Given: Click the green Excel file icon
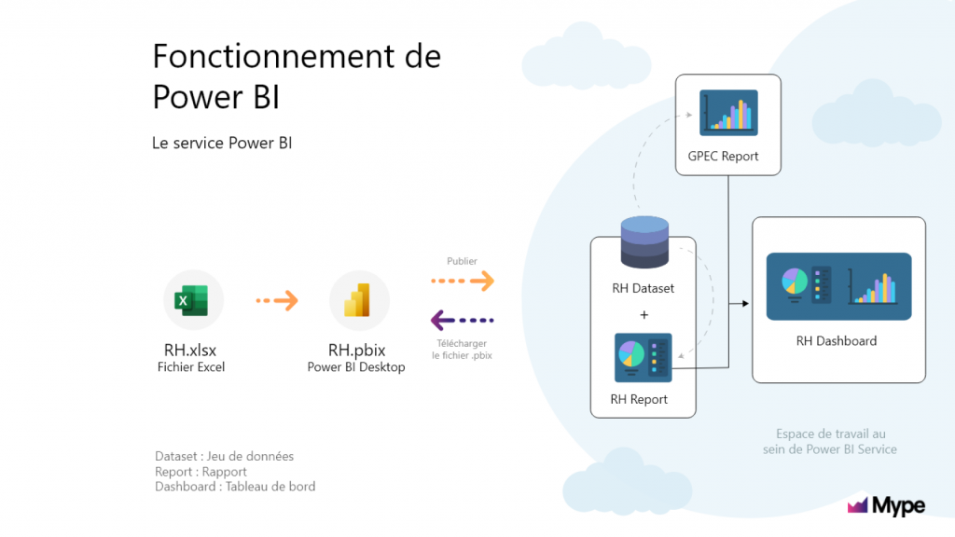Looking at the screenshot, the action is point(191,300).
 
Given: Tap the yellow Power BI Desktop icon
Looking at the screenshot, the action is point(357,300).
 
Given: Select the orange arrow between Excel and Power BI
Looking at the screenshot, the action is point(277,300).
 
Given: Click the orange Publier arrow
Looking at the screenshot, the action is point(463,281).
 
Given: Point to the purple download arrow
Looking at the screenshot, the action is point(463,321).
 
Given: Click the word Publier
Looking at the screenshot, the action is point(462,261).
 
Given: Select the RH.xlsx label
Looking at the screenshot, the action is point(190,351).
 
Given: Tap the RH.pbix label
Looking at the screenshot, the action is point(357,351).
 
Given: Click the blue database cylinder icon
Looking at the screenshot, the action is point(644,242).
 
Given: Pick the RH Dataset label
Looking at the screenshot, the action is point(644,288).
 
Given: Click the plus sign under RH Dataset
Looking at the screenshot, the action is point(644,315).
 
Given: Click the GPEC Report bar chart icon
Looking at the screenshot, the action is point(728,113).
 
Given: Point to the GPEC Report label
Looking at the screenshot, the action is point(723,157).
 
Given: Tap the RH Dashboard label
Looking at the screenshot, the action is point(837,341).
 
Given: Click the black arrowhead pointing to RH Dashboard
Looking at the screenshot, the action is point(745,303).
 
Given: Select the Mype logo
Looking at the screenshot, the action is point(886,505).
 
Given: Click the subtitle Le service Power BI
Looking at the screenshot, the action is point(222,143).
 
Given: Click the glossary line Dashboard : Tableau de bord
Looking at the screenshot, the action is point(235,487).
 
